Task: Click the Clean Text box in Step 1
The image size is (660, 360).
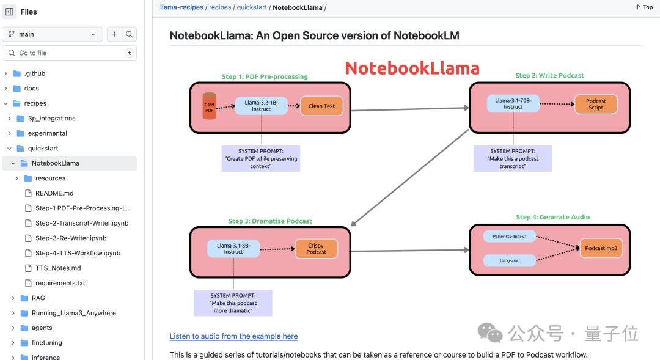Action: [x=321, y=106]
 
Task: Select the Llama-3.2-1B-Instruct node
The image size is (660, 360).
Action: [x=262, y=106]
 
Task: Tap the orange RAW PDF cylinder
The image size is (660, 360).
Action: [x=209, y=106]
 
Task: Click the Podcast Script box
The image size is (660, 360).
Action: [x=596, y=104]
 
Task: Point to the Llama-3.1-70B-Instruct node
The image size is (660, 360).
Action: [x=513, y=103]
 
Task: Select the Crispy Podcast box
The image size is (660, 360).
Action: [x=316, y=249]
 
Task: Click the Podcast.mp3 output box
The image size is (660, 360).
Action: [x=601, y=248]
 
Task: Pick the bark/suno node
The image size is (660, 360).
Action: [x=510, y=260]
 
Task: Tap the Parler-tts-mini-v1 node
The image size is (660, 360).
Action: [x=510, y=236]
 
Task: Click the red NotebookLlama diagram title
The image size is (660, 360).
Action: [x=412, y=68]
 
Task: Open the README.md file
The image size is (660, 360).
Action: [x=54, y=193]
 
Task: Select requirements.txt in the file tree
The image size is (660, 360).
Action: [x=60, y=283]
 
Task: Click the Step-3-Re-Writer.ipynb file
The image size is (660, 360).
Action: [x=71, y=238]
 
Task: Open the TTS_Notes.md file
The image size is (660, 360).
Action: [x=58, y=268]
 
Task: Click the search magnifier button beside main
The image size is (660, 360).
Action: [x=129, y=34]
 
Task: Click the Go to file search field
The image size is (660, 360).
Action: [x=70, y=53]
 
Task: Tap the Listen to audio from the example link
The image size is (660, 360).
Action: [x=233, y=336]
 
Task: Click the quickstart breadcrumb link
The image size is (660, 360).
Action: [x=252, y=7]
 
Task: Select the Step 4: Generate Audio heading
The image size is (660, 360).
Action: [x=552, y=217]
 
